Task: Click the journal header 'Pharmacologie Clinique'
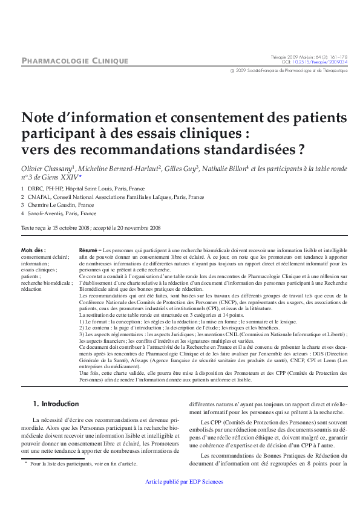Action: coord(74,60)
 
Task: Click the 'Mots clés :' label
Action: coord(33,250)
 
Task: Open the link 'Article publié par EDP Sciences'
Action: coord(185,482)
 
